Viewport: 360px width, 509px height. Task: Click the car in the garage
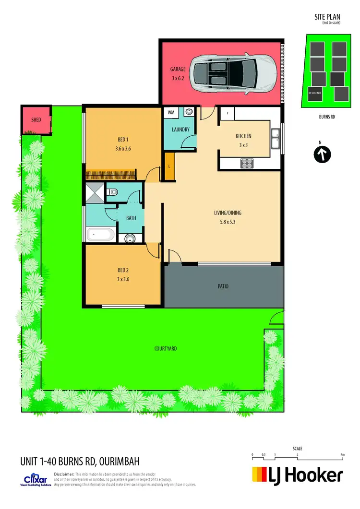tap(234, 73)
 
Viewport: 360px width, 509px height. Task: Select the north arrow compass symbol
tap(323, 155)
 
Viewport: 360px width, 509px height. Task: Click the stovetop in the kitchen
tap(247, 164)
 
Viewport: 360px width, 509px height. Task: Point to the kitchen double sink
tap(275, 138)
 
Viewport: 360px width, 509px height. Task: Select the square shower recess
tap(95, 194)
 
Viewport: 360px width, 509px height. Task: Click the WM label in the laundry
tap(171, 112)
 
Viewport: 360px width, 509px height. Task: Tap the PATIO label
tap(223, 286)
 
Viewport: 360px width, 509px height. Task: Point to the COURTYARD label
tap(166, 349)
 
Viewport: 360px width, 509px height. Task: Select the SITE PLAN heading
tap(327, 17)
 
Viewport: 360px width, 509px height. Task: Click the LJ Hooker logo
tap(297, 475)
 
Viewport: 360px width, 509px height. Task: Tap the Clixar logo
tap(36, 480)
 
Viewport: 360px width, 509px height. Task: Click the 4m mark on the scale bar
tap(342, 454)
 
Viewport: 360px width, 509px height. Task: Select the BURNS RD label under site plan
tap(327, 117)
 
